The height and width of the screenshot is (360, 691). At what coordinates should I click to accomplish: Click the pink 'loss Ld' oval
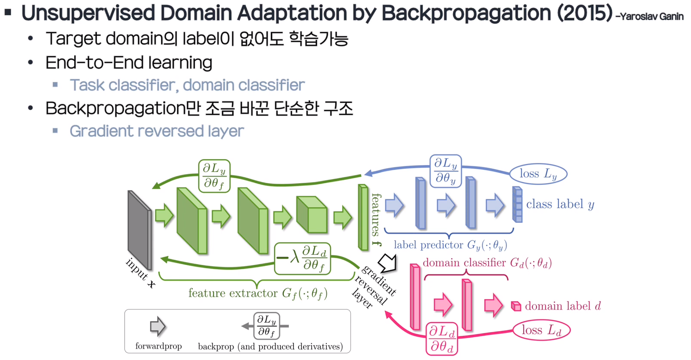point(541,330)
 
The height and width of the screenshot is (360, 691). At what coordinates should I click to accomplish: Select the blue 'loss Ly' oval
point(538,174)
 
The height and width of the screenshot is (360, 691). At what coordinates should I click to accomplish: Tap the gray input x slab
point(139,230)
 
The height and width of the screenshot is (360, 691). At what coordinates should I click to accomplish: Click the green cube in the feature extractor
point(312,215)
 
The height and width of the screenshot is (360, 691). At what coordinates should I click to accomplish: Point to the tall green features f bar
point(363,217)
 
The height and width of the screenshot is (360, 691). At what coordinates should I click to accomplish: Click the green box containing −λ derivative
point(303,258)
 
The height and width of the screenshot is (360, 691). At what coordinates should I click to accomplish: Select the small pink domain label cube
point(516,306)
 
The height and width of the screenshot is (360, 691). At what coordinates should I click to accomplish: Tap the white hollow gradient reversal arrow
point(388,262)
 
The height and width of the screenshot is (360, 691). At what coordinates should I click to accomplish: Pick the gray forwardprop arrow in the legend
point(158,326)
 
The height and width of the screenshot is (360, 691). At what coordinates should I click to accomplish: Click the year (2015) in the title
point(585,13)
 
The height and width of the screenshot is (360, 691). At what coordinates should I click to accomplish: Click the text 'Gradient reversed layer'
point(157,131)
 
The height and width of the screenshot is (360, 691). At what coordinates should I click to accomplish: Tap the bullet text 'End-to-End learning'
point(129,63)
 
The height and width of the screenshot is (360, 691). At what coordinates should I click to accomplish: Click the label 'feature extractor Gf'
point(258,293)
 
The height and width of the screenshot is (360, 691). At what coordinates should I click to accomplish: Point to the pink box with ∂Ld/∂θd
point(442,338)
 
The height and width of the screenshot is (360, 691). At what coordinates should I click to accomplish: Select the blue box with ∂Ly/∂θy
point(445,171)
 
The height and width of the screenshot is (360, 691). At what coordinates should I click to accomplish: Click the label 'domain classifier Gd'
point(487,262)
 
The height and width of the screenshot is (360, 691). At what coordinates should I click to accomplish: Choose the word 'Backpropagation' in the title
point(466,13)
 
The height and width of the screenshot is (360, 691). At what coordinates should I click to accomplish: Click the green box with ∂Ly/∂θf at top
point(214,175)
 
